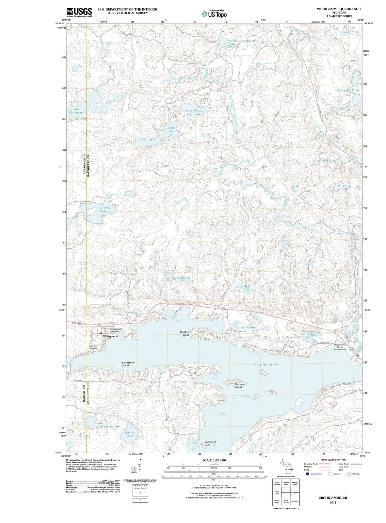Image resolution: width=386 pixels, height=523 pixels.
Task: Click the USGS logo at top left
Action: point(79,12)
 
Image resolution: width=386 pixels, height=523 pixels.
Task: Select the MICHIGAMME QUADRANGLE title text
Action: point(339,9)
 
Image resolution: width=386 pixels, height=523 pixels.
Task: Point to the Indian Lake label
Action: point(170,129)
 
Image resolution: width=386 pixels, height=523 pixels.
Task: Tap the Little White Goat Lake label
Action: point(194,112)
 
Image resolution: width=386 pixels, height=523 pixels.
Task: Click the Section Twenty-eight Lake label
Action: point(242,42)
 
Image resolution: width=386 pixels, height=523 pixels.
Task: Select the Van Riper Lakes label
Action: point(349,90)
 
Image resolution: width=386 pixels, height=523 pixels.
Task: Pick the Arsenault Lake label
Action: point(325,160)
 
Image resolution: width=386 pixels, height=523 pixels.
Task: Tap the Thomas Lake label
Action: point(105,209)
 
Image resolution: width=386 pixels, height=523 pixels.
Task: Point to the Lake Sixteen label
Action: point(181,278)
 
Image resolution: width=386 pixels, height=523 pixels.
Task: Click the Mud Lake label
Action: point(246,287)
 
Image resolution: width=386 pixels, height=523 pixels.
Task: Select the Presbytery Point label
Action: point(186,333)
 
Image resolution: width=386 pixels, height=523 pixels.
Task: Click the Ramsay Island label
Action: point(239,386)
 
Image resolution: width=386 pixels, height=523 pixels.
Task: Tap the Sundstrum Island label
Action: point(128,364)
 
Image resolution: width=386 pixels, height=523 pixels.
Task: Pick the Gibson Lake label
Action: point(129,434)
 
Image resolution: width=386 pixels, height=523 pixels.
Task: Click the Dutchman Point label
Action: point(210,443)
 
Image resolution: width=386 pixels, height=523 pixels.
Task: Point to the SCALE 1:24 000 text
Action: point(214,460)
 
